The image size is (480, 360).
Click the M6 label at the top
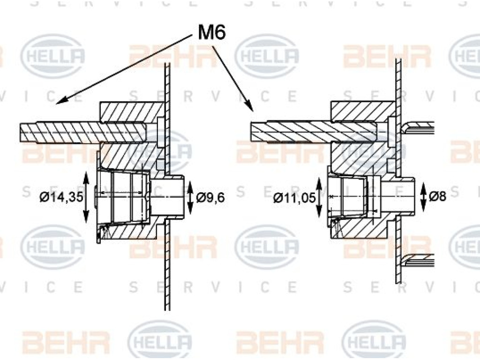click(x=212, y=32)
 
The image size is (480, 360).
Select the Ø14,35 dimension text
click(x=61, y=197)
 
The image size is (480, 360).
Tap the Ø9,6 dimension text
click(x=210, y=197)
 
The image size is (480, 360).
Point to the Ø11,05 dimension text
click(x=294, y=198)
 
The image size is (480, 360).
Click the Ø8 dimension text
click(x=437, y=196)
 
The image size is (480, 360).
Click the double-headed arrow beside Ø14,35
click(x=86, y=197)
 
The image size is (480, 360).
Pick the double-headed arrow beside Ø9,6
click(x=190, y=197)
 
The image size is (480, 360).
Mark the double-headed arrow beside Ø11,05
click(x=319, y=197)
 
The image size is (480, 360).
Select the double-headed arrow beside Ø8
click(x=423, y=196)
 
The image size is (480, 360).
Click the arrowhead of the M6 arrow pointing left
click(x=60, y=101)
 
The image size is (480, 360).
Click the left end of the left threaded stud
click(x=20, y=133)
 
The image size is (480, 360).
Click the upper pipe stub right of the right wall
click(x=418, y=127)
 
